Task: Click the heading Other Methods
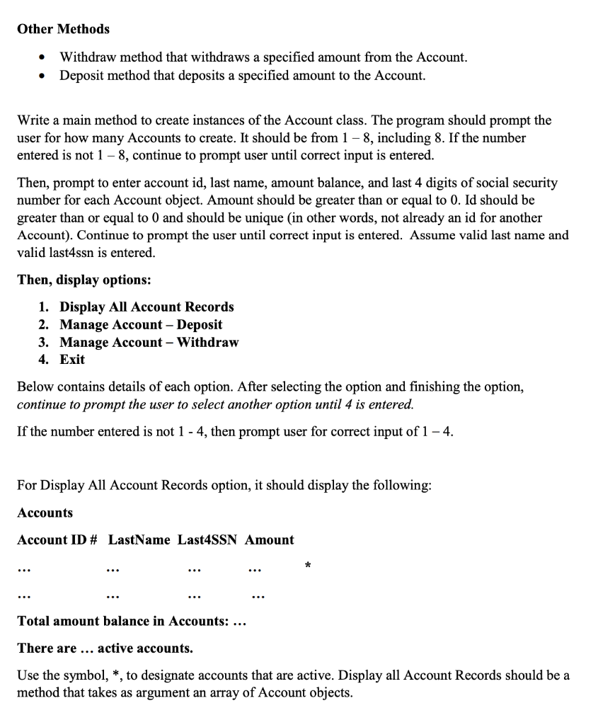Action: pyautogui.click(x=63, y=29)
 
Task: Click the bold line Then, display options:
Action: pyautogui.click(x=84, y=280)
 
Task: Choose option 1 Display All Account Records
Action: pyautogui.click(x=146, y=307)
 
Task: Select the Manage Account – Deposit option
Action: pyautogui.click(x=141, y=324)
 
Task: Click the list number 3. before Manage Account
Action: pyautogui.click(x=44, y=342)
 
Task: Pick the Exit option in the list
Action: pyautogui.click(x=72, y=359)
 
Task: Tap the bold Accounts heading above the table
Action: pyautogui.click(x=45, y=513)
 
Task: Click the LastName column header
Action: pyautogui.click(x=139, y=540)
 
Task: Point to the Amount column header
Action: pyautogui.click(x=269, y=540)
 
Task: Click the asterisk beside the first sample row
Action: pyautogui.click(x=308, y=565)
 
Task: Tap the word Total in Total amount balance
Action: pyautogui.click(x=34, y=621)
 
